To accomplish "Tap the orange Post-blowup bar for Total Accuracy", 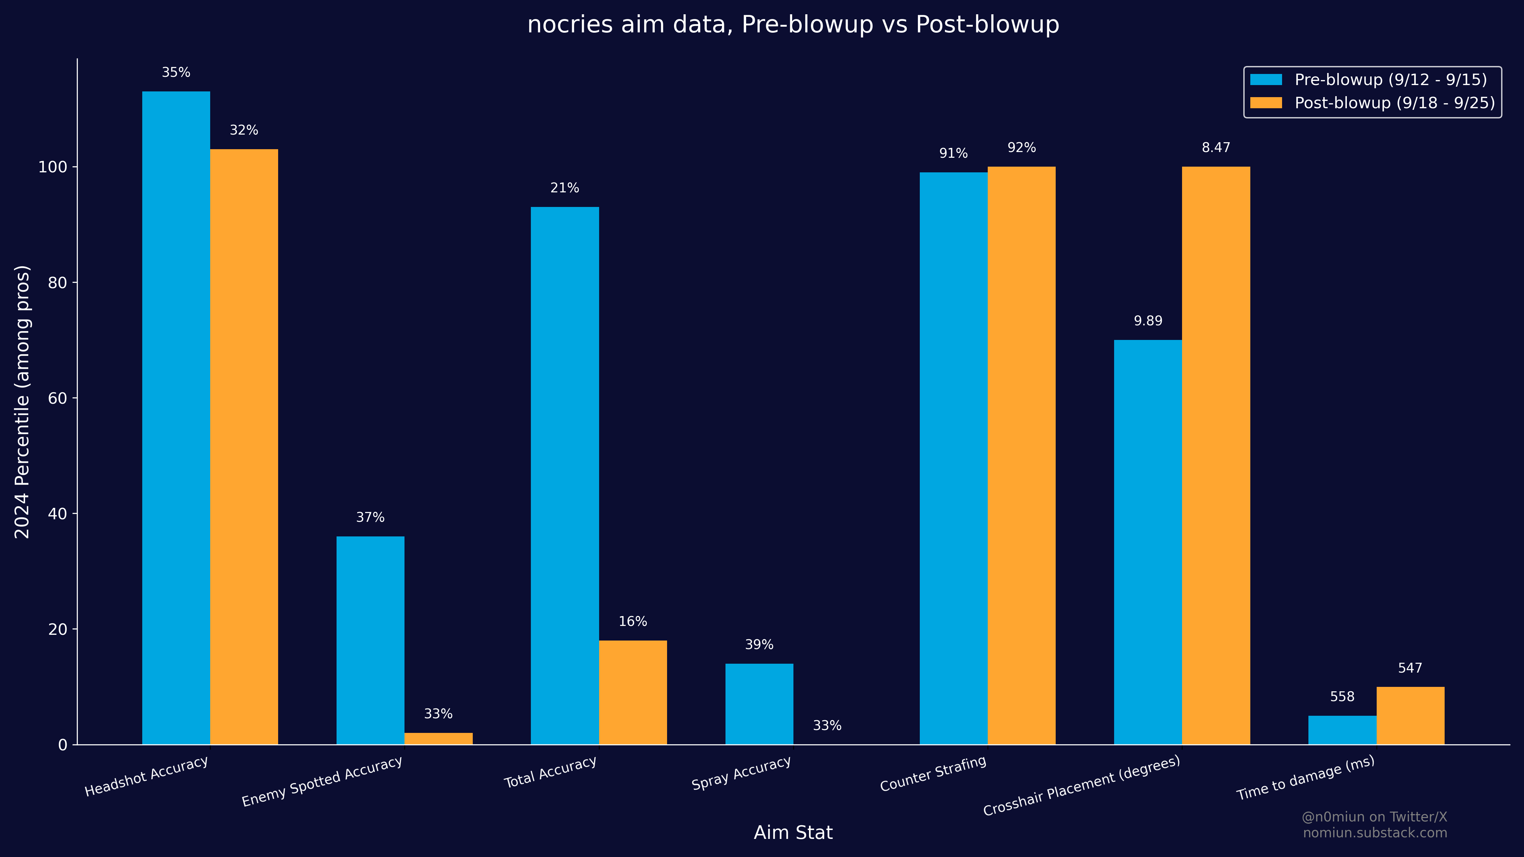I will coord(632,692).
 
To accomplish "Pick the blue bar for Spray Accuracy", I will coord(759,704).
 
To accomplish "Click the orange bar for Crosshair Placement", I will coord(1216,455).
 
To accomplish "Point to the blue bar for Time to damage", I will coord(1342,730).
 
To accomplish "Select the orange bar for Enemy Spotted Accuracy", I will coord(438,738).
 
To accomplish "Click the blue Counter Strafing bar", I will coord(953,458).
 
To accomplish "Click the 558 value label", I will coord(1342,697).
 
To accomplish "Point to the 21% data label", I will coord(565,188).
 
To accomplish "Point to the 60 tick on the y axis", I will coord(57,398).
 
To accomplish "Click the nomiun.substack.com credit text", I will coord(1375,833).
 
